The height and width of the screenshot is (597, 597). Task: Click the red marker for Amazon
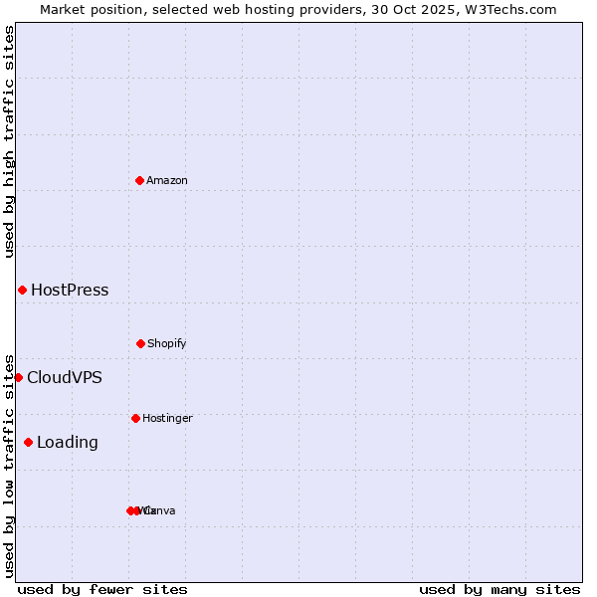coord(139,180)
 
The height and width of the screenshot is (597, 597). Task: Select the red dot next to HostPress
coord(22,290)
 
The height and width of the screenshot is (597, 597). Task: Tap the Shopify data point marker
coord(140,343)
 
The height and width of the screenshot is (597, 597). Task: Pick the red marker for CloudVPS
coord(18,377)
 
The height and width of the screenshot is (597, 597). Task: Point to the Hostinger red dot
coord(135,418)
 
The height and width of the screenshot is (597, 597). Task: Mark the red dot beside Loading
coord(28,442)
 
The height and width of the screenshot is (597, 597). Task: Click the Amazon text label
coord(167,180)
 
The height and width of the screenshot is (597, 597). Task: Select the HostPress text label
coord(70,291)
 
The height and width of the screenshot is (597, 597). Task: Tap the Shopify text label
coord(167,343)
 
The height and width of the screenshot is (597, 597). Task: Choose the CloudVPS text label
coord(64,378)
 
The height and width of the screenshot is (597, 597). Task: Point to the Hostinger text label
coord(167,418)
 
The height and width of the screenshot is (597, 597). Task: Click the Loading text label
coord(67,443)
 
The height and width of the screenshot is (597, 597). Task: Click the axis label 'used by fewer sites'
coord(102,589)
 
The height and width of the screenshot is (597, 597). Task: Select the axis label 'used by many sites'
coord(499,589)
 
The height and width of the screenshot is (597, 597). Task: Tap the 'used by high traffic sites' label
coord(9,141)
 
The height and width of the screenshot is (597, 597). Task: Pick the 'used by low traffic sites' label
coord(9,465)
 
